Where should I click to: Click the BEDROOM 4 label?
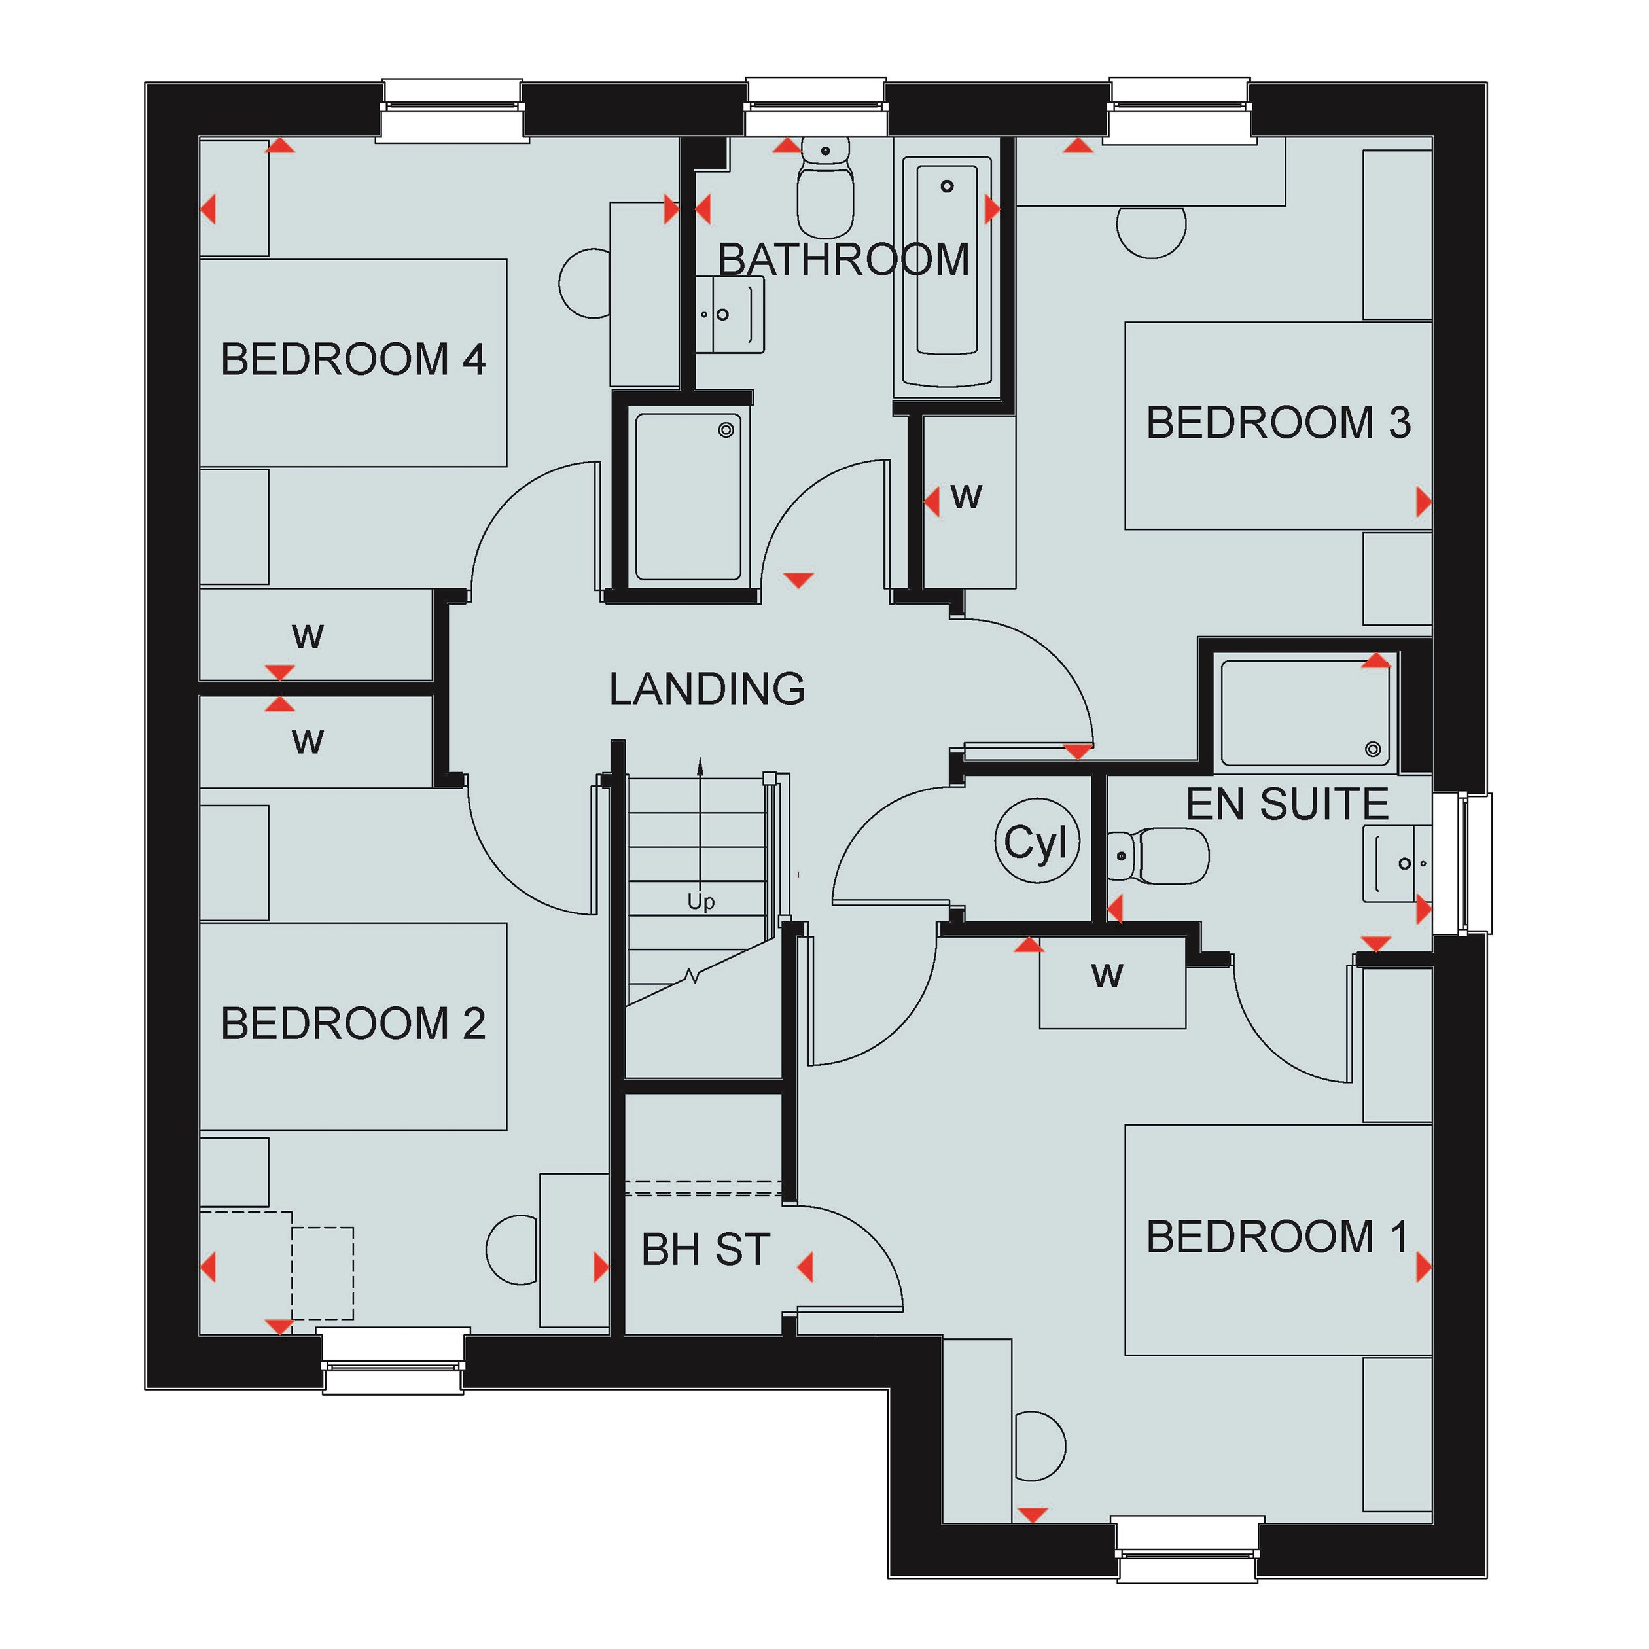pos(353,359)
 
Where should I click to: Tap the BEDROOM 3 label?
pos(1279,423)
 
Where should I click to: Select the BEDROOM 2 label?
pos(353,1023)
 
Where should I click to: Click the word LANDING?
pos(707,689)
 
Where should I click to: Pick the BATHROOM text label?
pos(843,260)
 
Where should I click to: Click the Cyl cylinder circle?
pos(1037,841)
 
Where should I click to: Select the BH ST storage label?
pos(706,1250)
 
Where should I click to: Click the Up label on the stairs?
pos(701,902)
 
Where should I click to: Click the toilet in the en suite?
pos(1158,856)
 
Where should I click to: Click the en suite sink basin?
pos(1398,864)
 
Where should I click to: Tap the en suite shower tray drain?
pos(1372,749)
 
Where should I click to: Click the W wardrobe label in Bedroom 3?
pos(966,497)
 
